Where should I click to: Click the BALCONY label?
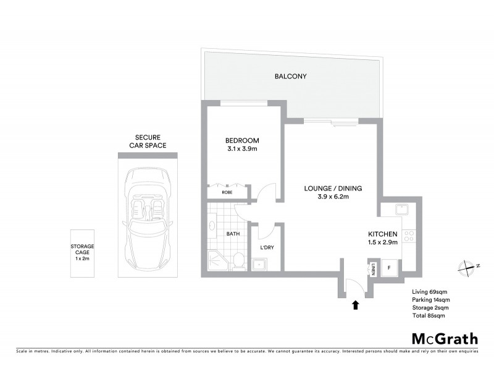291,77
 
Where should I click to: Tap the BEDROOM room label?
242,140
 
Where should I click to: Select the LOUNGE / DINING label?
333,189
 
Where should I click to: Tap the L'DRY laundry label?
267,248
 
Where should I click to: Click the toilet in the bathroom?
238,261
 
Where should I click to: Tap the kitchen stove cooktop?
408,235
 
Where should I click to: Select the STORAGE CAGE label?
82,252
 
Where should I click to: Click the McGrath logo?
444,338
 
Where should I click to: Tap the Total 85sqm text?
428,315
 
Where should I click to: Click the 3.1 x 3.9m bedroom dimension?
242,149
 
